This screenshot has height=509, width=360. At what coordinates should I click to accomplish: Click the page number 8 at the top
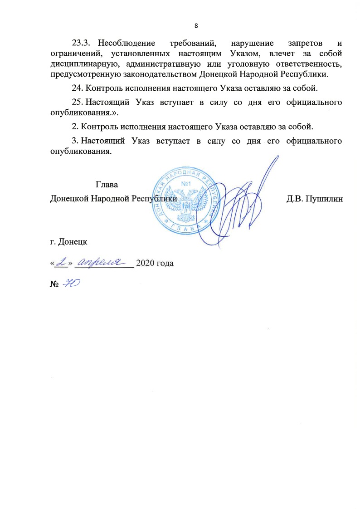(x=196, y=25)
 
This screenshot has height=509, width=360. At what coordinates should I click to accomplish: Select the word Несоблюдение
(x=125, y=44)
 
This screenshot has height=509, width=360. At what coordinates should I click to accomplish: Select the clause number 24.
(x=78, y=88)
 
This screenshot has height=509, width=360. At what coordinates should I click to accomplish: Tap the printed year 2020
(x=145, y=263)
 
